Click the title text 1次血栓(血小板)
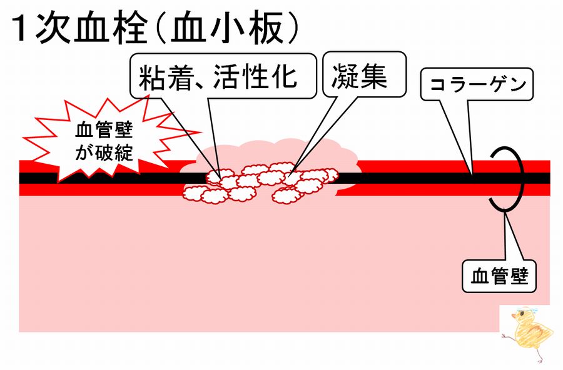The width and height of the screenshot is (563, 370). pos(155,29)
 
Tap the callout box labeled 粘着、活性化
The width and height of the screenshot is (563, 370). pos(223,76)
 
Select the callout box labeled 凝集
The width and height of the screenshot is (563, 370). pos(365,74)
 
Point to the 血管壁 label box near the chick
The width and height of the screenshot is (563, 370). pos(499,276)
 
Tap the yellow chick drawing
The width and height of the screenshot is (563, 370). pos(529,333)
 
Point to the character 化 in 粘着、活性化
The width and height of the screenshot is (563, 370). pos(283,76)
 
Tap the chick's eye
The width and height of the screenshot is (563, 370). pos(522,315)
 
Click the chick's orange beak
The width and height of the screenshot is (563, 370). pos(514,317)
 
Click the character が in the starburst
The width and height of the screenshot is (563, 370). pos(84,152)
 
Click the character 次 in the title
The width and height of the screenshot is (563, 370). pos(53,29)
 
